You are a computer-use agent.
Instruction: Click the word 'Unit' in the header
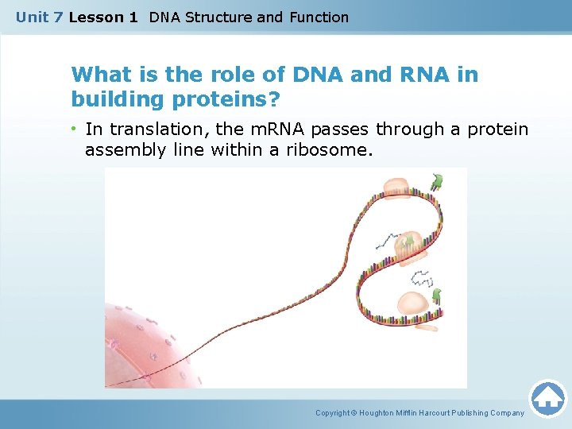click(32, 17)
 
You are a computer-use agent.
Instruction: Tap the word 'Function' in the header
click(319, 17)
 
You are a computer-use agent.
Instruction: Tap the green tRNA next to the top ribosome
click(435, 181)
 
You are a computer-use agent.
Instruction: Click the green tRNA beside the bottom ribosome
click(435, 297)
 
